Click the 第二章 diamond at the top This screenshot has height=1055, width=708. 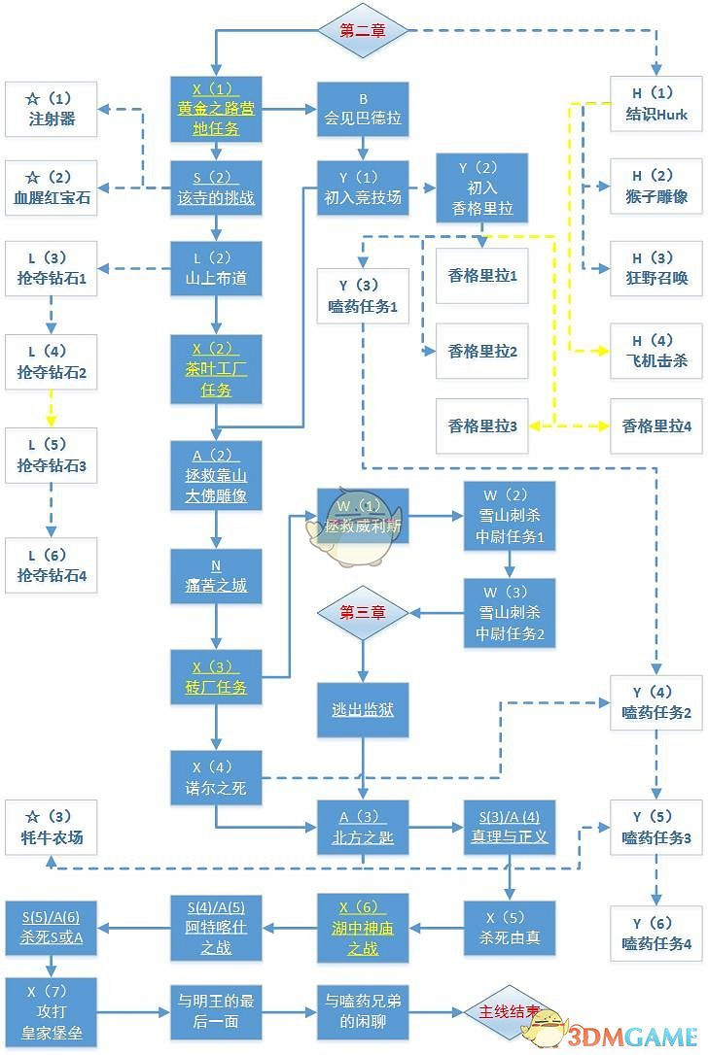tap(362, 31)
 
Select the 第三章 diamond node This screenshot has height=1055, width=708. tap(362, 612)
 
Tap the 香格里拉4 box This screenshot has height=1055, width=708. tap(656, 425)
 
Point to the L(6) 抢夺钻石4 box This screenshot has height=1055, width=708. tap(51, 565)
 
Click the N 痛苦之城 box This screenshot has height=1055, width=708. tap(216, 576)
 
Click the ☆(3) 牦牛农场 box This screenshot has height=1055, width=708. tap(51, 827)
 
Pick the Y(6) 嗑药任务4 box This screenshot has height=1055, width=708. tap(656, 934)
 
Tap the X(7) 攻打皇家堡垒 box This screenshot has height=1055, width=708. tap(51, 1010)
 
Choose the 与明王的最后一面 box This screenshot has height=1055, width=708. tap(216, 1010)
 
